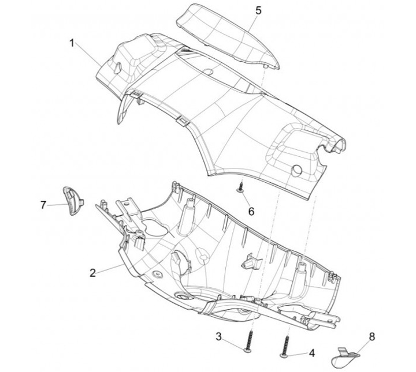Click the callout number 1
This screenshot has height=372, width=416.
72,43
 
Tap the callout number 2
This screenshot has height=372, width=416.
93,273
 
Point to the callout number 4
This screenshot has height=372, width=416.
312,352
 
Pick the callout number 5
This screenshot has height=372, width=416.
258,10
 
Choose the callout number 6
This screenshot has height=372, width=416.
251,211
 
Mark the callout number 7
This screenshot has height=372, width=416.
43,204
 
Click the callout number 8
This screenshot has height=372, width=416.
372,335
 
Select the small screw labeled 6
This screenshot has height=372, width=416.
239,186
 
